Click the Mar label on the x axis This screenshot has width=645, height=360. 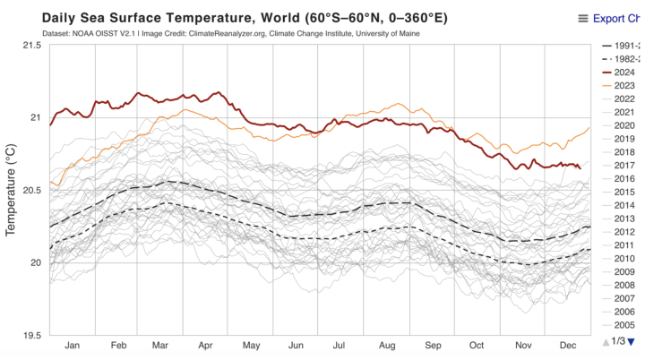point(161,345)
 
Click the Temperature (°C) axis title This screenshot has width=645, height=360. point(12,190)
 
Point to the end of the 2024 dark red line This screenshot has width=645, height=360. point(580,167)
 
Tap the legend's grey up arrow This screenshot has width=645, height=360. point(606,341)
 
